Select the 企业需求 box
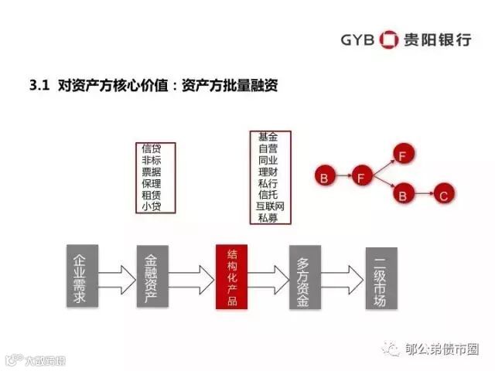pyautogui.click(x=78, y=277)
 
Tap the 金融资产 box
pyautogui.click(x=152, y=277)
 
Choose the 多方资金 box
pyautogui.click(x=305, y=277)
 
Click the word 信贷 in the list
pyautogui.click(x=152, y=148)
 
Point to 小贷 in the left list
pyautogui.click(x=152, y=206)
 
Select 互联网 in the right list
pyautogui.click(x=270, y=206)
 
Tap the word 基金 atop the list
pyautogui.click(x=269, y=137)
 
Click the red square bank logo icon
pyautogui.click(x=390, y=39)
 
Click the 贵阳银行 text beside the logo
pyautogui.click(x=438, y=39)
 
